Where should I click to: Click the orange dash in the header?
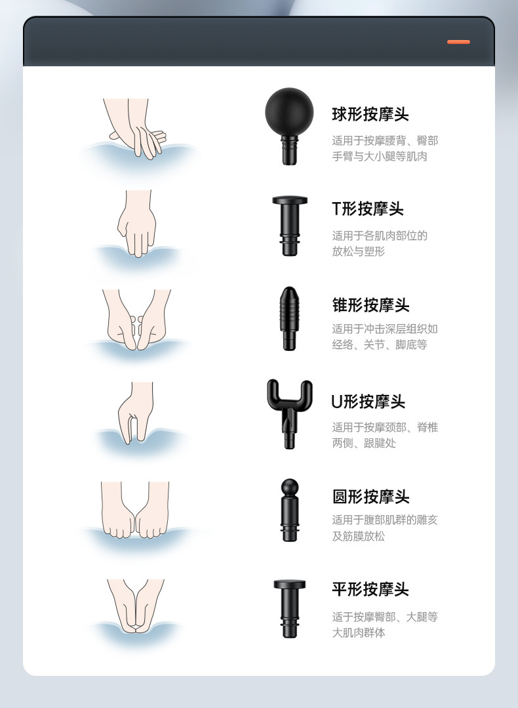[458, 42]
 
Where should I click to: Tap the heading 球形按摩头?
[370, 114]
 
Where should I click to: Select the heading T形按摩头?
[367, 209]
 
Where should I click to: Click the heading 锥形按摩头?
[370, 305]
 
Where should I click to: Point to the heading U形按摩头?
[368, 402]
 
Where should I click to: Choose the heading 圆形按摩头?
[370, 496]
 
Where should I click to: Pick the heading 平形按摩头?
[370, 589]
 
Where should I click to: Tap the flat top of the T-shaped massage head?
[289, 200]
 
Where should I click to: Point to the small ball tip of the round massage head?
[289, 487]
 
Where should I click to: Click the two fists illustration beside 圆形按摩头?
[135, 512]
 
